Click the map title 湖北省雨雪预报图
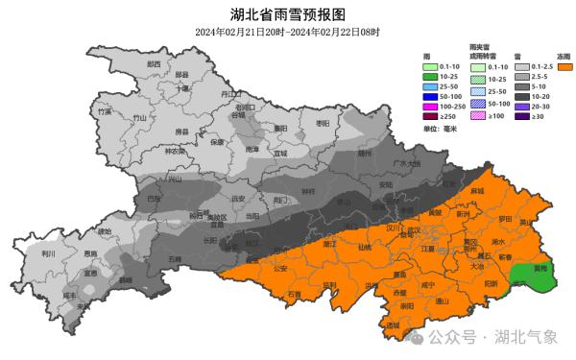[287, 14]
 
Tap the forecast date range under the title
[287, 32]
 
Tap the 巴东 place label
[154, 200]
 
